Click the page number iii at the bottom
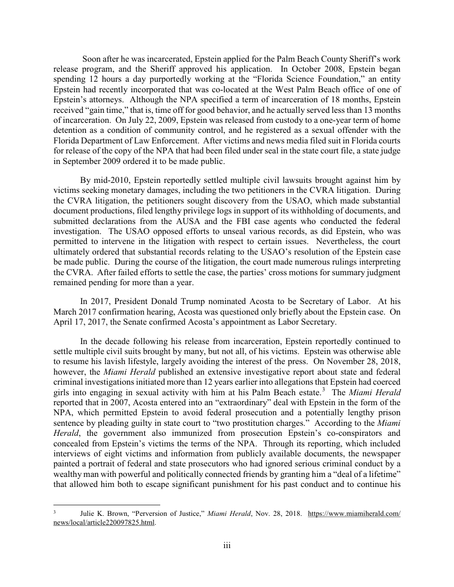[227, 545]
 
